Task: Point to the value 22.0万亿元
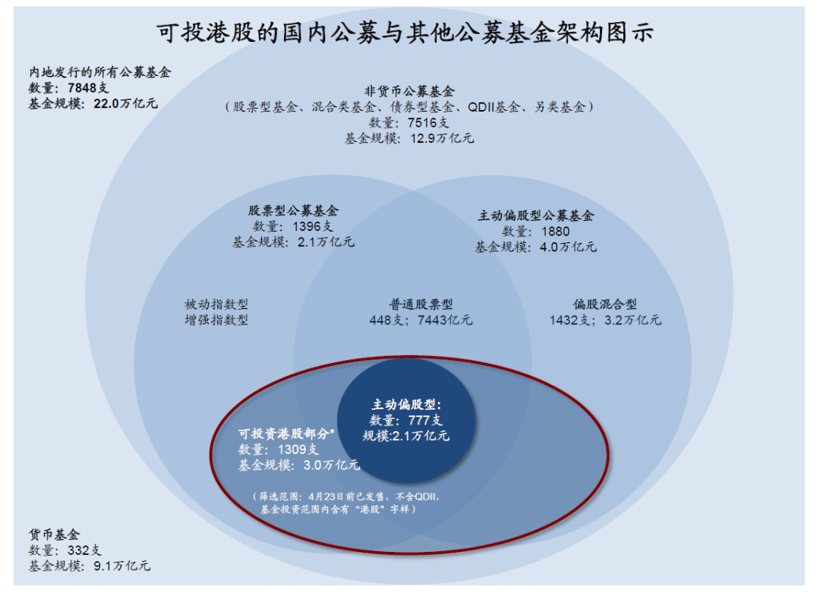125,103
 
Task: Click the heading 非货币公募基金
409,91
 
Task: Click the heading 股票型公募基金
293,211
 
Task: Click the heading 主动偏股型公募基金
536,216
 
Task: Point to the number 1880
556,232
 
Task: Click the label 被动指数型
216,304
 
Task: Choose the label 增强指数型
216,320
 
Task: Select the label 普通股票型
421,304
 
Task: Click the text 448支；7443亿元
421,320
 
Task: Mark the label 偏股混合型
605,304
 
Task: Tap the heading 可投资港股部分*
286,434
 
